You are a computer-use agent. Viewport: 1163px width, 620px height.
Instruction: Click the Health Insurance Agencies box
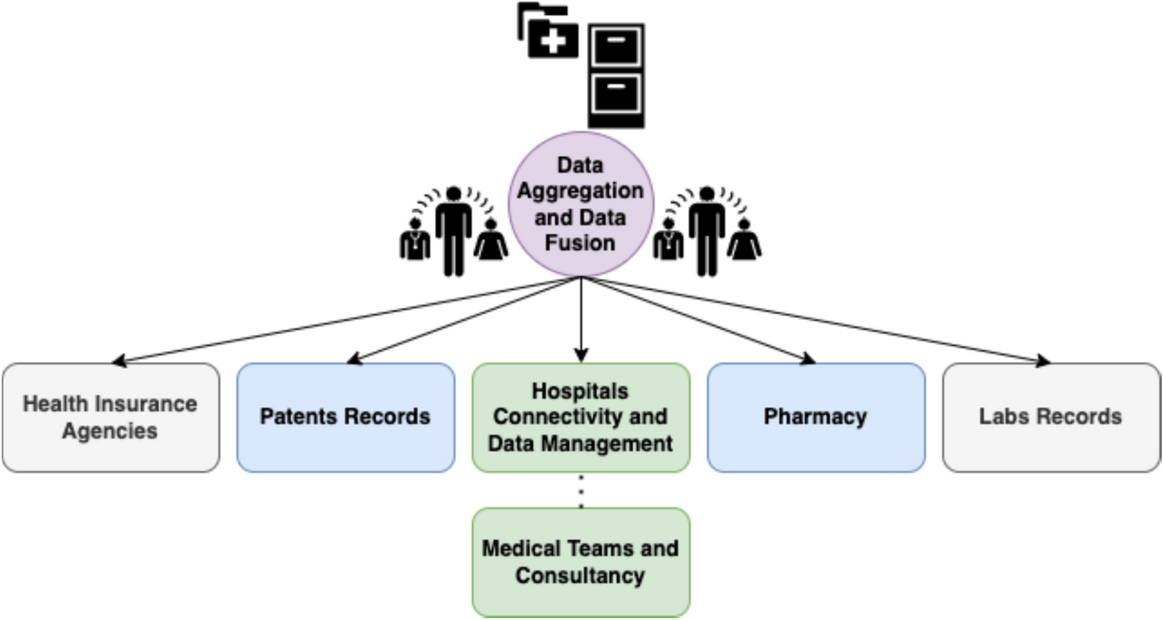(110, 417)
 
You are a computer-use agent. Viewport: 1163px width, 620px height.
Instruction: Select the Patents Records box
(345, 417)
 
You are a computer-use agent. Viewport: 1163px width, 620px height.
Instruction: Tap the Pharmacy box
(815, 417)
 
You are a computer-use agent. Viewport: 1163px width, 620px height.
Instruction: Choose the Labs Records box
(1051, 417)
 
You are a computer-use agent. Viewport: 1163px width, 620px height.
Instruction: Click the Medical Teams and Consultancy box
(580, 562)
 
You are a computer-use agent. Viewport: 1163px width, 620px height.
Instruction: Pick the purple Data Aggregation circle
(581, 204)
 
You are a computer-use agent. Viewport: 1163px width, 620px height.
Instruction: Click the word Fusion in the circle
(580, 243)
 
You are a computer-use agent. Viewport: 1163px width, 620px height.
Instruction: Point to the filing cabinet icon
(616, 76)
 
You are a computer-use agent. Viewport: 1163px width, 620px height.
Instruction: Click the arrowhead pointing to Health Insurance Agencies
(119, 360)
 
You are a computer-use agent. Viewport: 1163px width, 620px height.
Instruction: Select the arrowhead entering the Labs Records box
(1043, 360)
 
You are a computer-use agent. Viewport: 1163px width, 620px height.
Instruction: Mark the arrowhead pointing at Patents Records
(354, 359)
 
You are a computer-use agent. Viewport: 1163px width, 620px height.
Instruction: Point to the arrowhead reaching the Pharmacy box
(808, 359)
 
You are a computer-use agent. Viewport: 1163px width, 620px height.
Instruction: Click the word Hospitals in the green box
(580, 391)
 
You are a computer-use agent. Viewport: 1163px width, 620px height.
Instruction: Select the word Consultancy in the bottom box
(580, 575)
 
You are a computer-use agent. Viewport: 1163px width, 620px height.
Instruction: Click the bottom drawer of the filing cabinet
(616, 93)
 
